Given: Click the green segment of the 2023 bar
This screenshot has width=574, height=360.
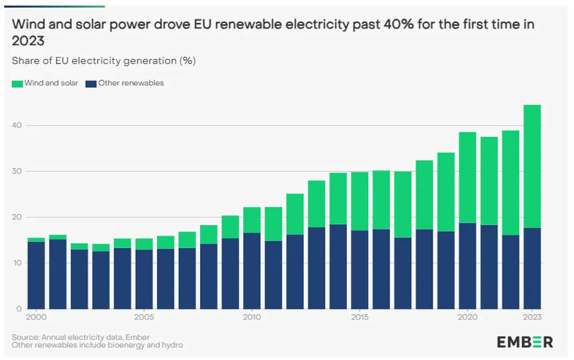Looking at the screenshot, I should click(x=532, y=166).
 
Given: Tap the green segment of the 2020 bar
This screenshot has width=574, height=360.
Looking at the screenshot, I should click(x=467, y=177).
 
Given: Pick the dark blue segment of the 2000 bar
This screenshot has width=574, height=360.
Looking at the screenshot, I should click(x=36, y=275).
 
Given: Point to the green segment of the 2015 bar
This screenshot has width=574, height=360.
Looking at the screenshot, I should click(x=359, y=201).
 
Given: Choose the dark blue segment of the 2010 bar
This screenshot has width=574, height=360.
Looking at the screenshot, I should click(x=252, y=270).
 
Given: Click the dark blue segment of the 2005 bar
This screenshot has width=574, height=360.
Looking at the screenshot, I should click(x=144, y=279).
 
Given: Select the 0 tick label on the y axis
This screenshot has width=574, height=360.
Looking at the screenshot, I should click(x=19, y=308).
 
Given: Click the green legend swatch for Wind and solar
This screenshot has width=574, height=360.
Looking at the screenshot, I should click(x=17, y=84).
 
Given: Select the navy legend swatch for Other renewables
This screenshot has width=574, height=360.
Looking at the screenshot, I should click(x=91, y=84).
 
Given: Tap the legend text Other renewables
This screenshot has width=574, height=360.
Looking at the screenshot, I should click(x=131, y=83).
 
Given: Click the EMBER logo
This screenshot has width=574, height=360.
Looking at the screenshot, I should click(x=525, y=341).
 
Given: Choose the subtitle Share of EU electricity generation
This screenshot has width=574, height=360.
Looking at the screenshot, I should click(x=104, y=61).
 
